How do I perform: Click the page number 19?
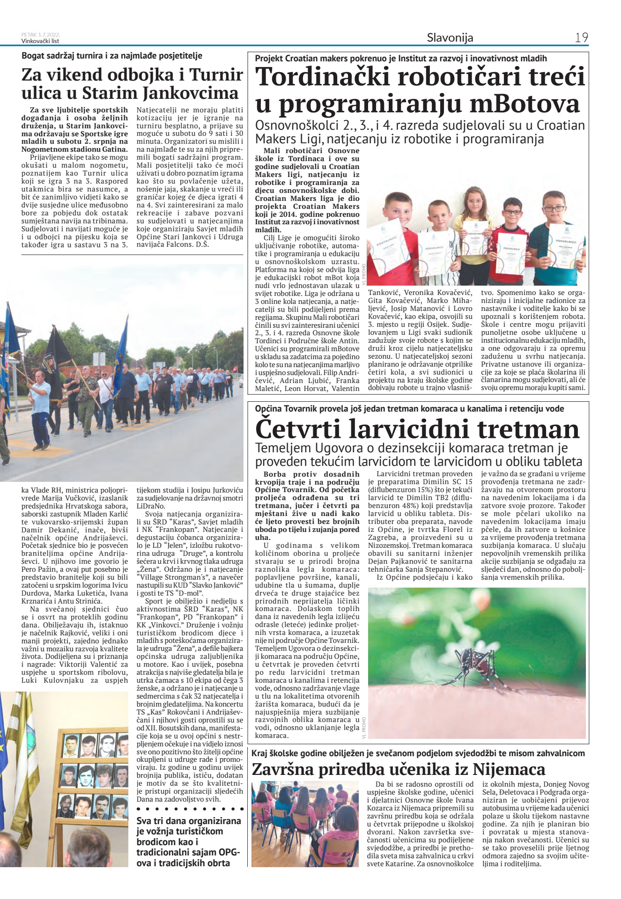coord(581,37)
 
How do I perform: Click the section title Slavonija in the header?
coord(450,37)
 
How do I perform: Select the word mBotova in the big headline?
coord(525,104)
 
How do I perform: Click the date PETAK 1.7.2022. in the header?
coord(41,35)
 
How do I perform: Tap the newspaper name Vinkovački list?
coord(40,41)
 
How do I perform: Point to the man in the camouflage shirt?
coord(87,389)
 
